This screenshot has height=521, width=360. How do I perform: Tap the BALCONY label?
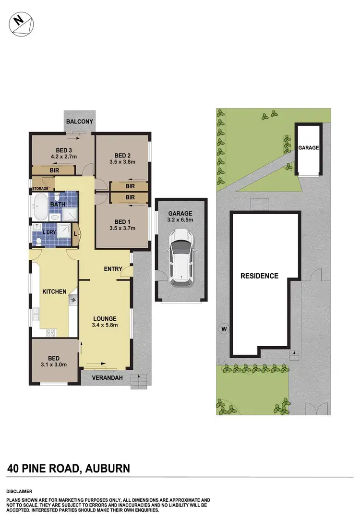79,121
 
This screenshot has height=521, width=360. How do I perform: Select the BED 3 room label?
60,149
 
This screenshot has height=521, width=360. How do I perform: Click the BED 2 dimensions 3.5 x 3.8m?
122,162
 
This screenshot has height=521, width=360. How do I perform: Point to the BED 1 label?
122,221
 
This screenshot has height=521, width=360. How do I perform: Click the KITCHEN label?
54,291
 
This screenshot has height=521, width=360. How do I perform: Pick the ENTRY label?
113,269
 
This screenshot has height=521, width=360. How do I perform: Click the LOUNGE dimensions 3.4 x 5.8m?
105,325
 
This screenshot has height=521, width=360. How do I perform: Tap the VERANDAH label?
104,378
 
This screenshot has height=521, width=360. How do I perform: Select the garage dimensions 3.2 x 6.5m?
180,220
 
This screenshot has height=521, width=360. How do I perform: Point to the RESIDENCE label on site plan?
260,276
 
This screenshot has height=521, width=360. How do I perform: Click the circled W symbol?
223,329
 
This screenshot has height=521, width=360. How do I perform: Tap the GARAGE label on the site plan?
308,148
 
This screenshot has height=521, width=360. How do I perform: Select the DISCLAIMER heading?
19,491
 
